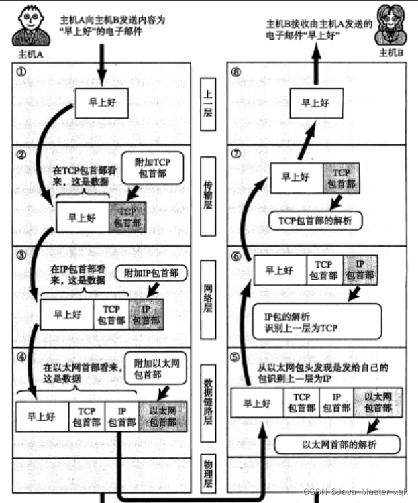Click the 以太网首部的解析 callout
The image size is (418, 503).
tap(337, 443)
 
